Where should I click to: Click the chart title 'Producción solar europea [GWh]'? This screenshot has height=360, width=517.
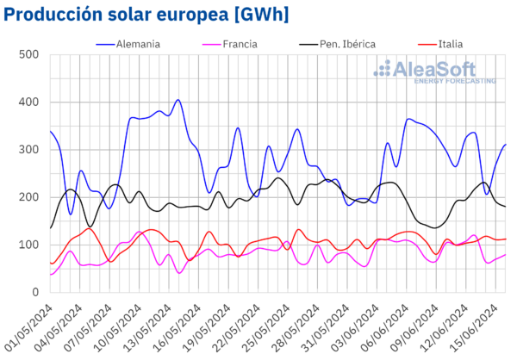[x=146, y=15]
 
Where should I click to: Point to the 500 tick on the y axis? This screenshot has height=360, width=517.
[x=28, y=55]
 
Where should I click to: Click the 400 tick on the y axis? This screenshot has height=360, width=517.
[x=28, y=102]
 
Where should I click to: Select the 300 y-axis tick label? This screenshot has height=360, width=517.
[x=28, y=150]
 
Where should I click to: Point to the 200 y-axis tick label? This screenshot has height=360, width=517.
[x=28, y=197]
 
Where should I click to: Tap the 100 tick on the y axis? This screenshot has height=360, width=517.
[x=28, y=245]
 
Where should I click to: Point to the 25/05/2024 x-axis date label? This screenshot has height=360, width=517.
[x=260, y=323]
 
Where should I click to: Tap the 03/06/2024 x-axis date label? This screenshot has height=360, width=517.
[x=346, y=323]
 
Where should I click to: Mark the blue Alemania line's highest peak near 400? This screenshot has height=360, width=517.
[x=178, y=100]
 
